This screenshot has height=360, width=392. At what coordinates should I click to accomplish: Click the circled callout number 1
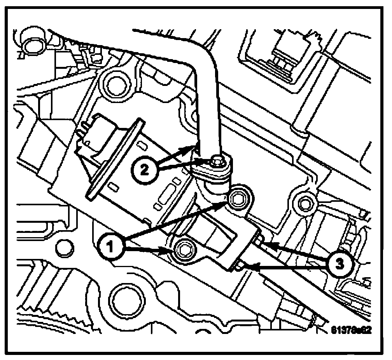112,245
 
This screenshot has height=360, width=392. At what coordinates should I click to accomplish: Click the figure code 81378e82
350,330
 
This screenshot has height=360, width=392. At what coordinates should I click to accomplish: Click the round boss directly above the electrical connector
115,83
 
